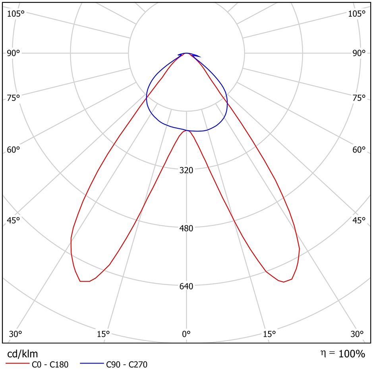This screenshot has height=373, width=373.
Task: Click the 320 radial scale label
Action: pyautogui.click(x=186, y=170)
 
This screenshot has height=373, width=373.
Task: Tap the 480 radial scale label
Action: pyautogui.click(x=186, y=228)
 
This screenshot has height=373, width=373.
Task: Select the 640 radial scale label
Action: pyautogui.click(x=186, y=286)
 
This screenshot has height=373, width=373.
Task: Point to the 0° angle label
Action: pyautogui.click(x=186, y=334)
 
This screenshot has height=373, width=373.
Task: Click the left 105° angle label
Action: pyautogui.click(x=16, y=14)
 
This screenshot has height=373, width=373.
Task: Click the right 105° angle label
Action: pyautogui.click(x=356, y=14)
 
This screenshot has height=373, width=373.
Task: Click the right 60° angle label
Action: pyautogui.click(x=358, y=150)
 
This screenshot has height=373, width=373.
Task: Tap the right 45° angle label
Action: pyautogui.click(x=358, y=220)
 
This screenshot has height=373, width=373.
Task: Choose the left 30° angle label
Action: pyautogui.click(x=16, y=334)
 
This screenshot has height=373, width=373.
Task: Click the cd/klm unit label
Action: pyautogui.click(x=23, y=354)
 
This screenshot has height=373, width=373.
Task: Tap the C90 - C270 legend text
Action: pyautogui.click(x=126, y=364)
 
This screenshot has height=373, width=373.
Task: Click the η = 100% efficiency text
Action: pyautogui.click(x=342, y=354)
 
